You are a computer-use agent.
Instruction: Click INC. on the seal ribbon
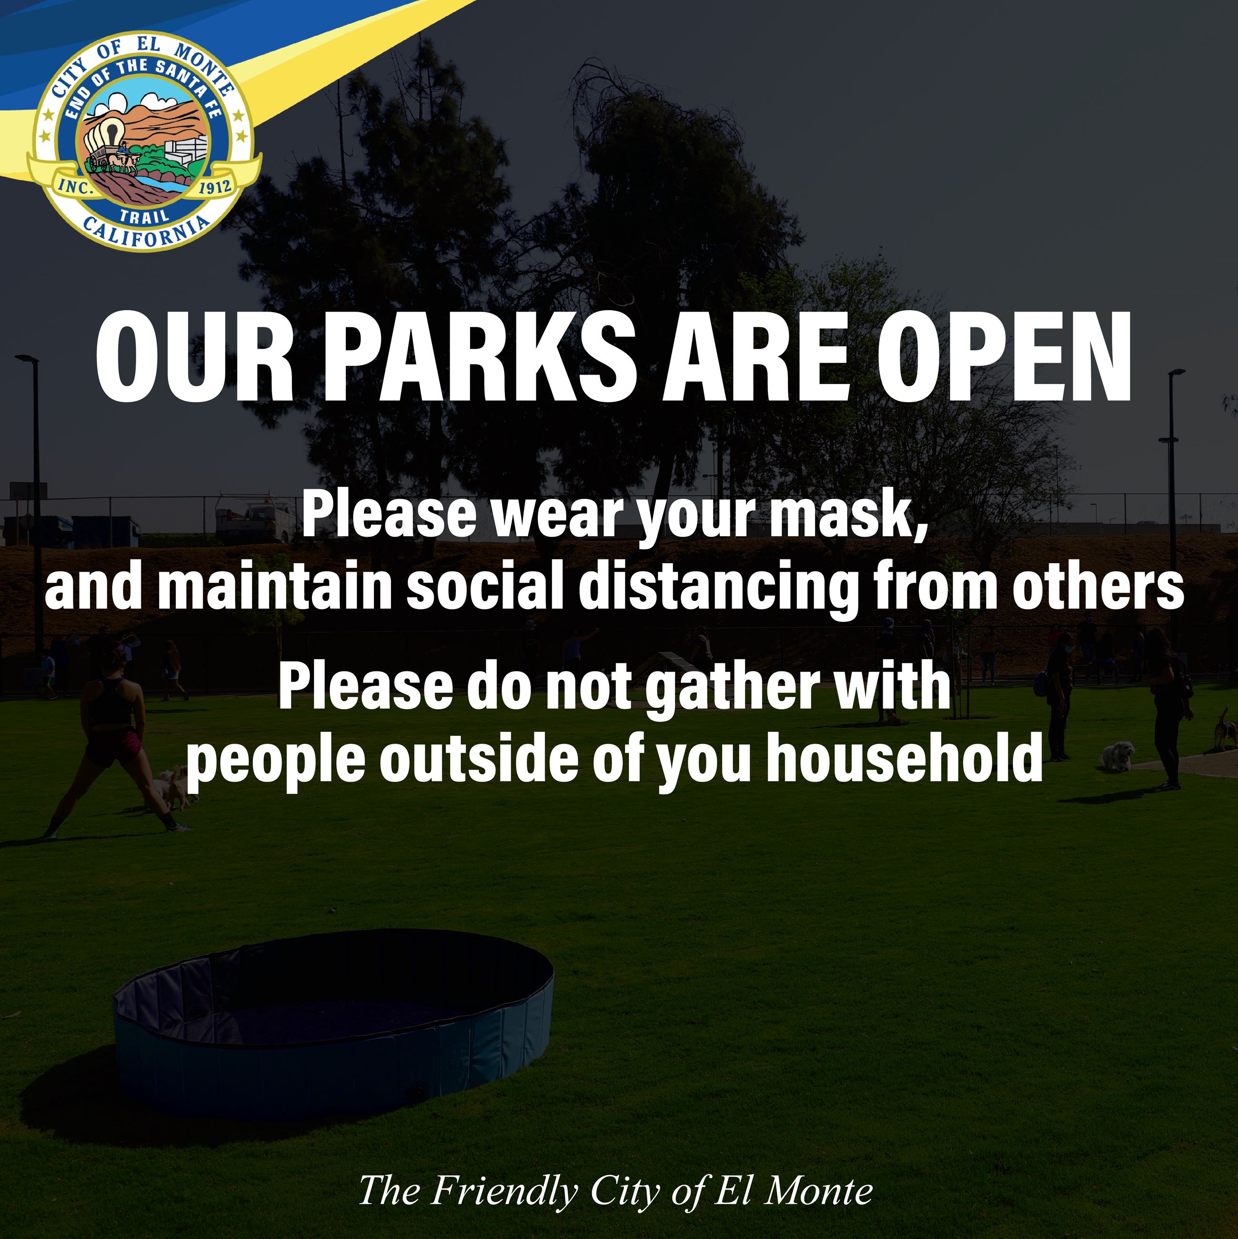[76, 187]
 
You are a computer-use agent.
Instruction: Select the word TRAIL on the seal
[145, 215]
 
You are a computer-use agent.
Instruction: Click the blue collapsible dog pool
[333, 1026]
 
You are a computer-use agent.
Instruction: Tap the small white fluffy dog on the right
[1117, 755]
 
